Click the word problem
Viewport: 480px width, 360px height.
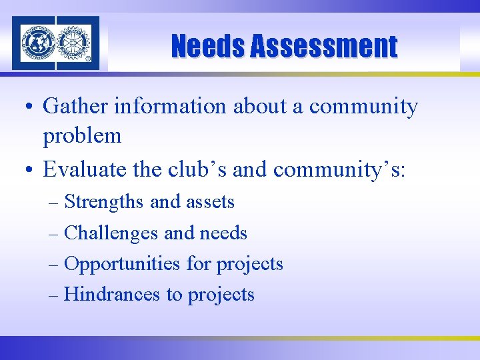coord(82,137)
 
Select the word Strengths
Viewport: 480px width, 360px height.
coord(104,201)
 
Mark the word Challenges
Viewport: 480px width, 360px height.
coord(111,233)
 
